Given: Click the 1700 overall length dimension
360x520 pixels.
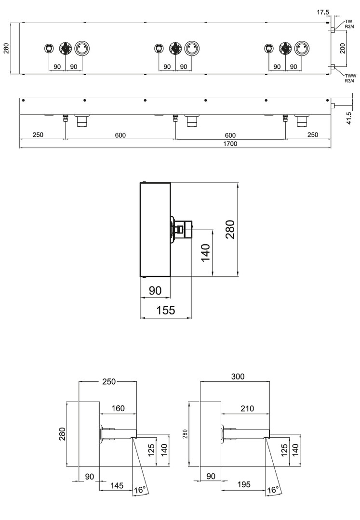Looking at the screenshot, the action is (x=230, y=143).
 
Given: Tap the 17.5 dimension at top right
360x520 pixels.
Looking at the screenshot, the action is (x=322, y=12).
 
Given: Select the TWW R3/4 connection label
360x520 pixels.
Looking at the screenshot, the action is (x=350, y=78).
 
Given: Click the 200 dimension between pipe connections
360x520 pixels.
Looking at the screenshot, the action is (x=343, y=49).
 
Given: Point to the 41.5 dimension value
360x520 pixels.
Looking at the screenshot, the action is (x=349, y=118).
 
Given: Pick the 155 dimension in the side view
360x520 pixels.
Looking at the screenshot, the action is (x=166, y=310).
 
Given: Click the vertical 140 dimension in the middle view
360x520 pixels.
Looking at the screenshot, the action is (x=206, y=252).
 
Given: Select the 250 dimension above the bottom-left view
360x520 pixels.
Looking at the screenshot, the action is (x=109, y=382).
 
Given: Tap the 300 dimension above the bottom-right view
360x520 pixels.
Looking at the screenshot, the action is (x=238, y=377).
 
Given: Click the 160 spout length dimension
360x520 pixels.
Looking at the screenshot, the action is (x=118, y=408).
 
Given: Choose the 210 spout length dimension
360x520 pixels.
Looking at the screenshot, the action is (x=247, y=409).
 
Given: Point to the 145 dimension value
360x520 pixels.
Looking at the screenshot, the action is (x=117, y=486).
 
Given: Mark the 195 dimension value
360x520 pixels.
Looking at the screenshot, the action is (x=244, y=484).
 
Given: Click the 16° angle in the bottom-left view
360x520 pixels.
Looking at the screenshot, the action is (x=140, y=490).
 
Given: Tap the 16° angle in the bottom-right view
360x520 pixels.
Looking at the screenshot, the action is (x=273, y=490).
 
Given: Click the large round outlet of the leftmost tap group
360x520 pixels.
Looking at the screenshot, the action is (x=81, y=49).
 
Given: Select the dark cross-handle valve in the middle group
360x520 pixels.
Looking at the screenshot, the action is (x=175, y=49).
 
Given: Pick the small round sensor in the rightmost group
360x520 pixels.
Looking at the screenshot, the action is (x=269, y=49).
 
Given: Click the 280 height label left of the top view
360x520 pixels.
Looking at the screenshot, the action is (x=6, y=49).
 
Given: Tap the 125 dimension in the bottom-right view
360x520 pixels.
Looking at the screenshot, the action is (x=284, y=450).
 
